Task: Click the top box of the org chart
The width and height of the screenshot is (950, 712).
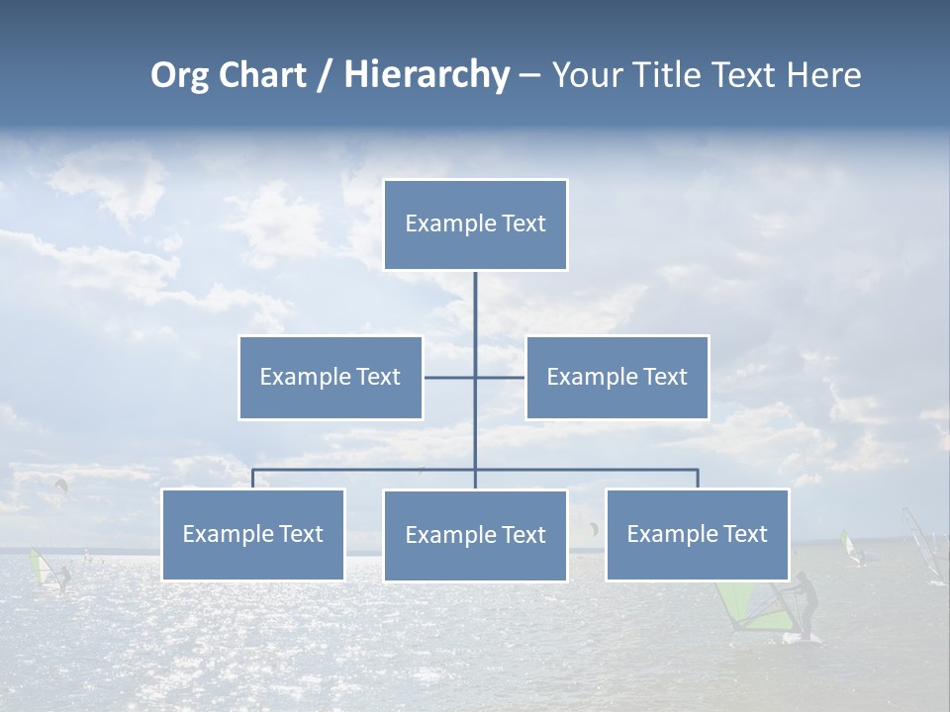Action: [x=475, y=224]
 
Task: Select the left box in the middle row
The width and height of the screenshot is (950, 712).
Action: [x=331, y=377]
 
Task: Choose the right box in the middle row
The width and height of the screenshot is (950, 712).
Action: [x=617, y=377]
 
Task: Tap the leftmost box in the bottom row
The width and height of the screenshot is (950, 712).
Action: [x=253, y=534]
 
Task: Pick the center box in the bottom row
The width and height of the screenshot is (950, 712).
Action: [x=475, y=535]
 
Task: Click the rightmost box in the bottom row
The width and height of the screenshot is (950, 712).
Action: [x=697, y=534]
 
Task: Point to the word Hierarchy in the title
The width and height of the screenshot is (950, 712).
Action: [x=427, y=75]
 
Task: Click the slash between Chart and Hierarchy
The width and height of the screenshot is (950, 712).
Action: [x=326, y=76]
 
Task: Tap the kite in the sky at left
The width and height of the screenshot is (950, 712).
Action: [x=62, y=485]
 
